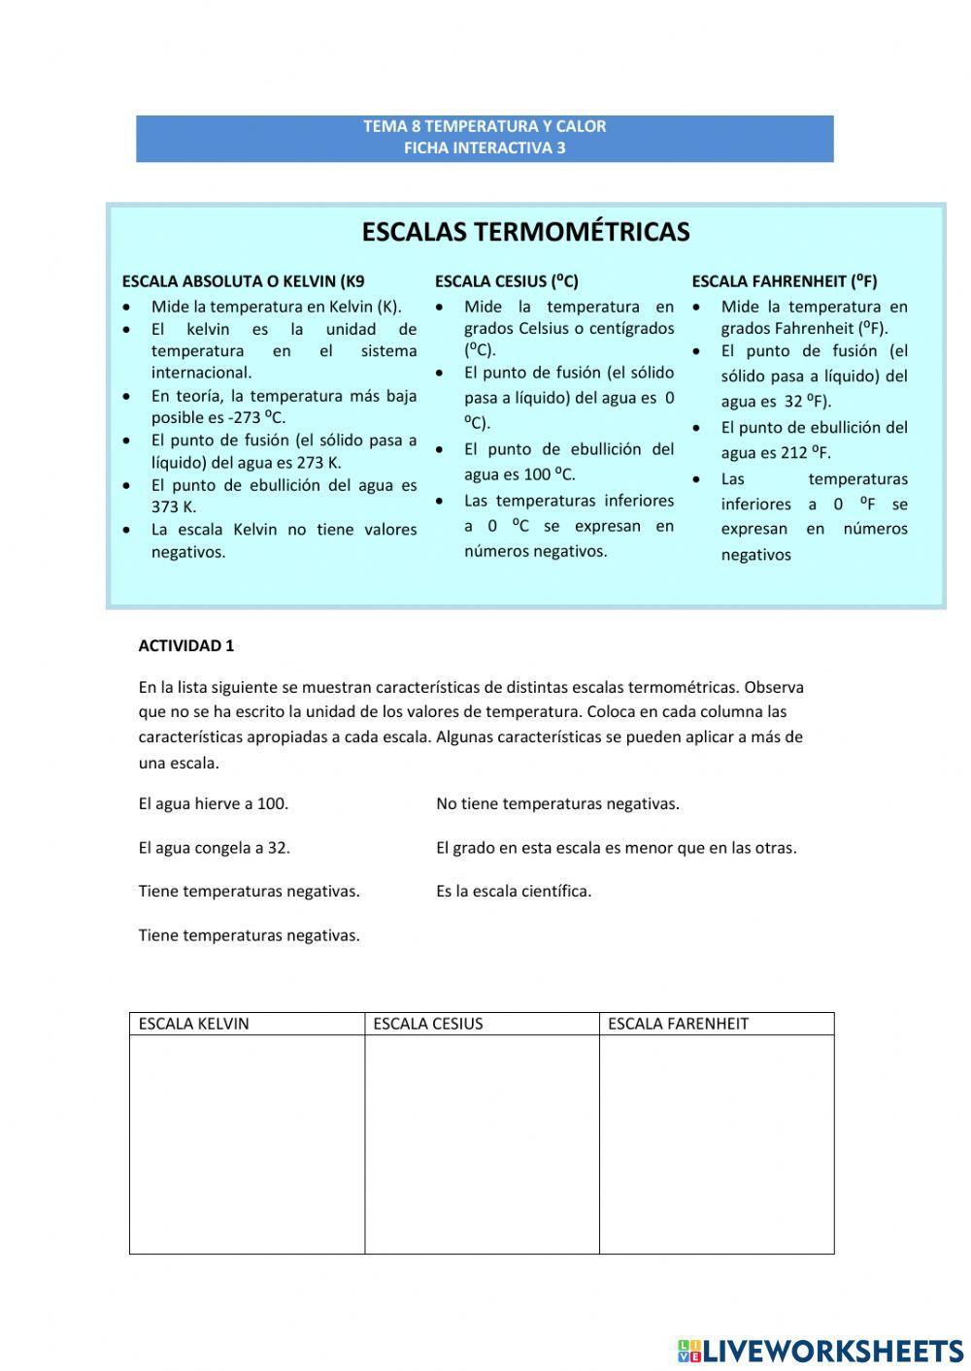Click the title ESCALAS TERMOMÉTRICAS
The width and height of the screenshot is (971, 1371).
[525, 232]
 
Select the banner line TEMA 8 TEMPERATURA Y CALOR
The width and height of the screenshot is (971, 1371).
[485, 126]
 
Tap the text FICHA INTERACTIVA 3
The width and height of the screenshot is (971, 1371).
[485, 148]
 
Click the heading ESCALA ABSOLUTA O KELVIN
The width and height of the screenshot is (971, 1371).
[243, 281]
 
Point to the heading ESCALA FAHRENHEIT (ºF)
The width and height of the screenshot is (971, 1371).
[784, 281]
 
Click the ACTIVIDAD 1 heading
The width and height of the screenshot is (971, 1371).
[186, 646]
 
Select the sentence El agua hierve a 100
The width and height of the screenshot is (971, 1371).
[214, 803]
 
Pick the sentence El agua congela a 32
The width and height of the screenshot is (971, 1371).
[215, 847]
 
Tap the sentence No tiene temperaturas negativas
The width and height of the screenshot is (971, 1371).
[557, 803]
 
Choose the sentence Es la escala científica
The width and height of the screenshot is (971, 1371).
[514, 891]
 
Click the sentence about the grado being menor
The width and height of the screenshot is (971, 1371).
[616, 847]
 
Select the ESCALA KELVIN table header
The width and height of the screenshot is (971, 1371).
[194, 1024]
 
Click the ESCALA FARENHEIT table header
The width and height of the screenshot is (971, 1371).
[678, 1024]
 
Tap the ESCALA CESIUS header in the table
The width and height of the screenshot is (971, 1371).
[428, 1024]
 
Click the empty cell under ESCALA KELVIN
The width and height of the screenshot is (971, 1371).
[247, 1144]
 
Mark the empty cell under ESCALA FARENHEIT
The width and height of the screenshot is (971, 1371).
[717, 1144]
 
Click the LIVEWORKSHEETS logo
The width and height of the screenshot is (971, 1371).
[820, 1350]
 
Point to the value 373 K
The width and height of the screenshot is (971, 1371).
[173, 506]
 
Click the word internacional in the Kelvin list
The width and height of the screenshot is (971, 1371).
[201, 373]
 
